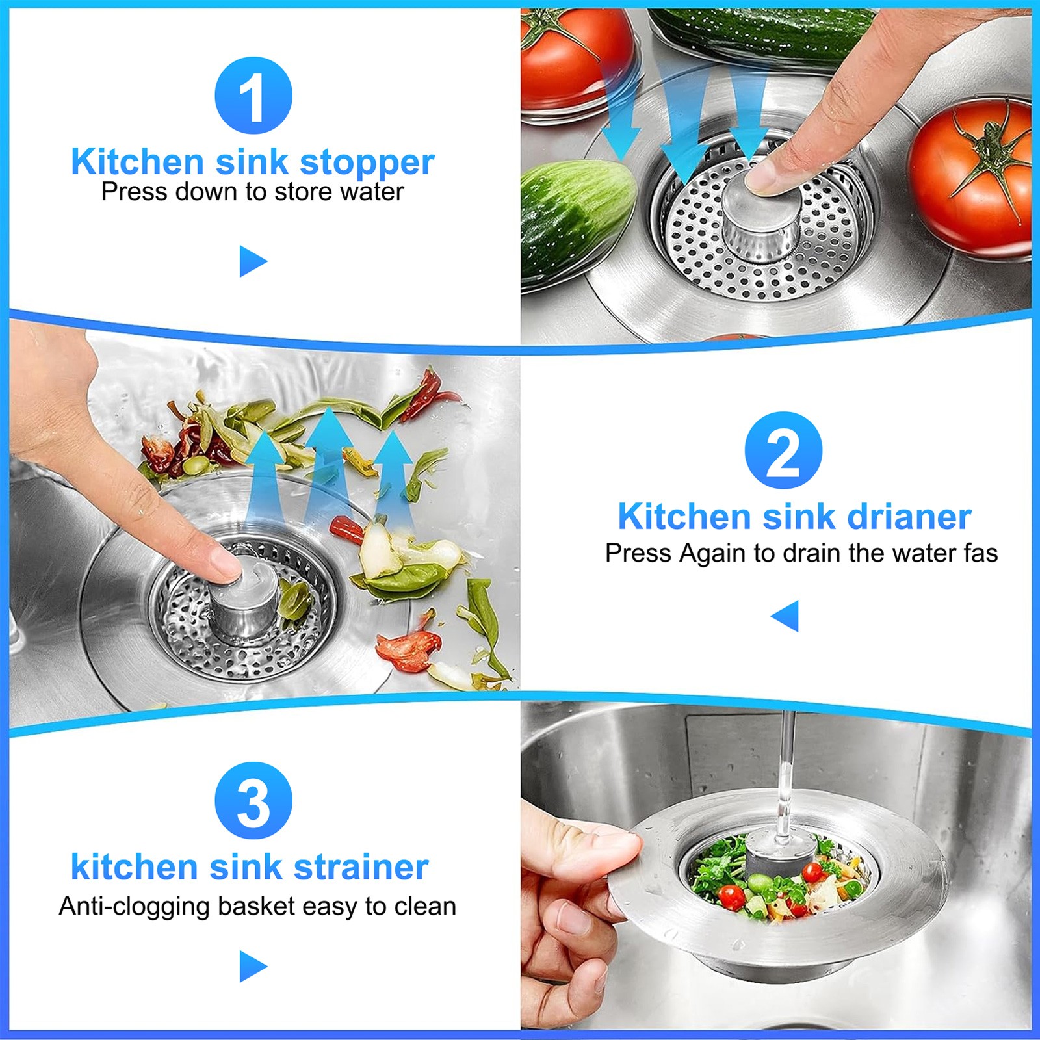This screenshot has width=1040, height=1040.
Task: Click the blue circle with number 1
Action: (253, 96)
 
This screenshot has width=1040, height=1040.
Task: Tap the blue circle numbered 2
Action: (783, 450)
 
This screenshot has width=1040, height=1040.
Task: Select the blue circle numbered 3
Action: (253, 800)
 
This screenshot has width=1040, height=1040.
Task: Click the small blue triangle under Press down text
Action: (252, 261)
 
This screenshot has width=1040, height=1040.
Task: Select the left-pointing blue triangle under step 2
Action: (786, 615)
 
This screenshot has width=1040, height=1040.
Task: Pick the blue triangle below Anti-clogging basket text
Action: (252, 966)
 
